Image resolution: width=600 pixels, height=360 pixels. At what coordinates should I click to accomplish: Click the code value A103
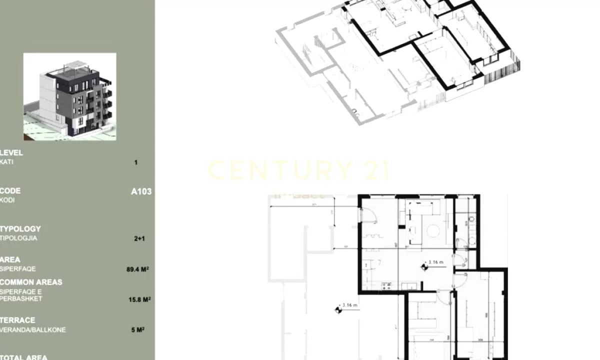click(x=141, y=191)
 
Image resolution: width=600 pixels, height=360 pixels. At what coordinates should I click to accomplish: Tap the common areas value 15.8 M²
click(x=139, y=300)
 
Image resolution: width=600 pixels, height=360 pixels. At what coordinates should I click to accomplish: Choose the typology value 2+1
click(x=139, y=239)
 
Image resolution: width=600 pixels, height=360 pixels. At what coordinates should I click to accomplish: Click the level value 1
click(x=136, y=162)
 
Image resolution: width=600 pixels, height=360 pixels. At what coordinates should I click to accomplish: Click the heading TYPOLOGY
click(x=20, y=229)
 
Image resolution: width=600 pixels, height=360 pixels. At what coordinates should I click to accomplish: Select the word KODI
click(x=7, y=200)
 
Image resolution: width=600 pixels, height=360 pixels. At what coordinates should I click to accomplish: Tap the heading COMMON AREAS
click(x=31, y=282)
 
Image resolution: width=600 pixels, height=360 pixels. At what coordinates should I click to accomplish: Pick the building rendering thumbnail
click(x=69, y=96)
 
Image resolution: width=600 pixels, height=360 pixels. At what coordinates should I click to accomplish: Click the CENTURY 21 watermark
click(x=298, y=170)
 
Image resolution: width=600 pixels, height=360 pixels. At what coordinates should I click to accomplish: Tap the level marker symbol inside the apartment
click(x=424, y=267)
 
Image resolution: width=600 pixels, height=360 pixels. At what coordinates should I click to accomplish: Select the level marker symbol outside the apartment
click(x=338, y=310)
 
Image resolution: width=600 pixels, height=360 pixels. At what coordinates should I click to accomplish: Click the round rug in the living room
click(x=433, y=230)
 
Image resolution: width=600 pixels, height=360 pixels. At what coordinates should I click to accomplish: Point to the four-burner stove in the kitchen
click(x=386, y=286)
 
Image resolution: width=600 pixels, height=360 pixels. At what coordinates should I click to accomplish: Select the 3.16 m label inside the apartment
click(x=435, y=261)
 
